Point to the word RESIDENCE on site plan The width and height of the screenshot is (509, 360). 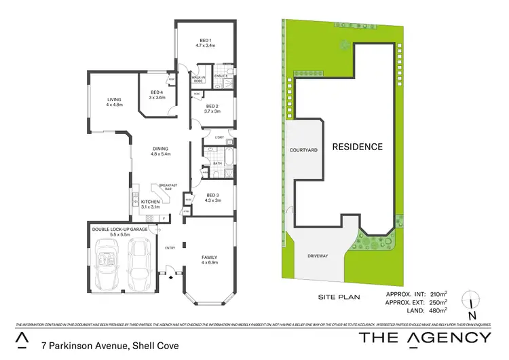tap(357, 147)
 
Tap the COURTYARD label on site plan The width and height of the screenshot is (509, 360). tap(303, 149)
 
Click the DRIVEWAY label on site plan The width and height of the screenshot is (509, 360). tap(318, 256)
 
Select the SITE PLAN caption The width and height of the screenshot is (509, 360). tap(337, 297)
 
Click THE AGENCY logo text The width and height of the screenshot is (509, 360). tap(425, 338)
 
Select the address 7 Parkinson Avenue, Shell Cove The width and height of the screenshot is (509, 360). tap(109, 346)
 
